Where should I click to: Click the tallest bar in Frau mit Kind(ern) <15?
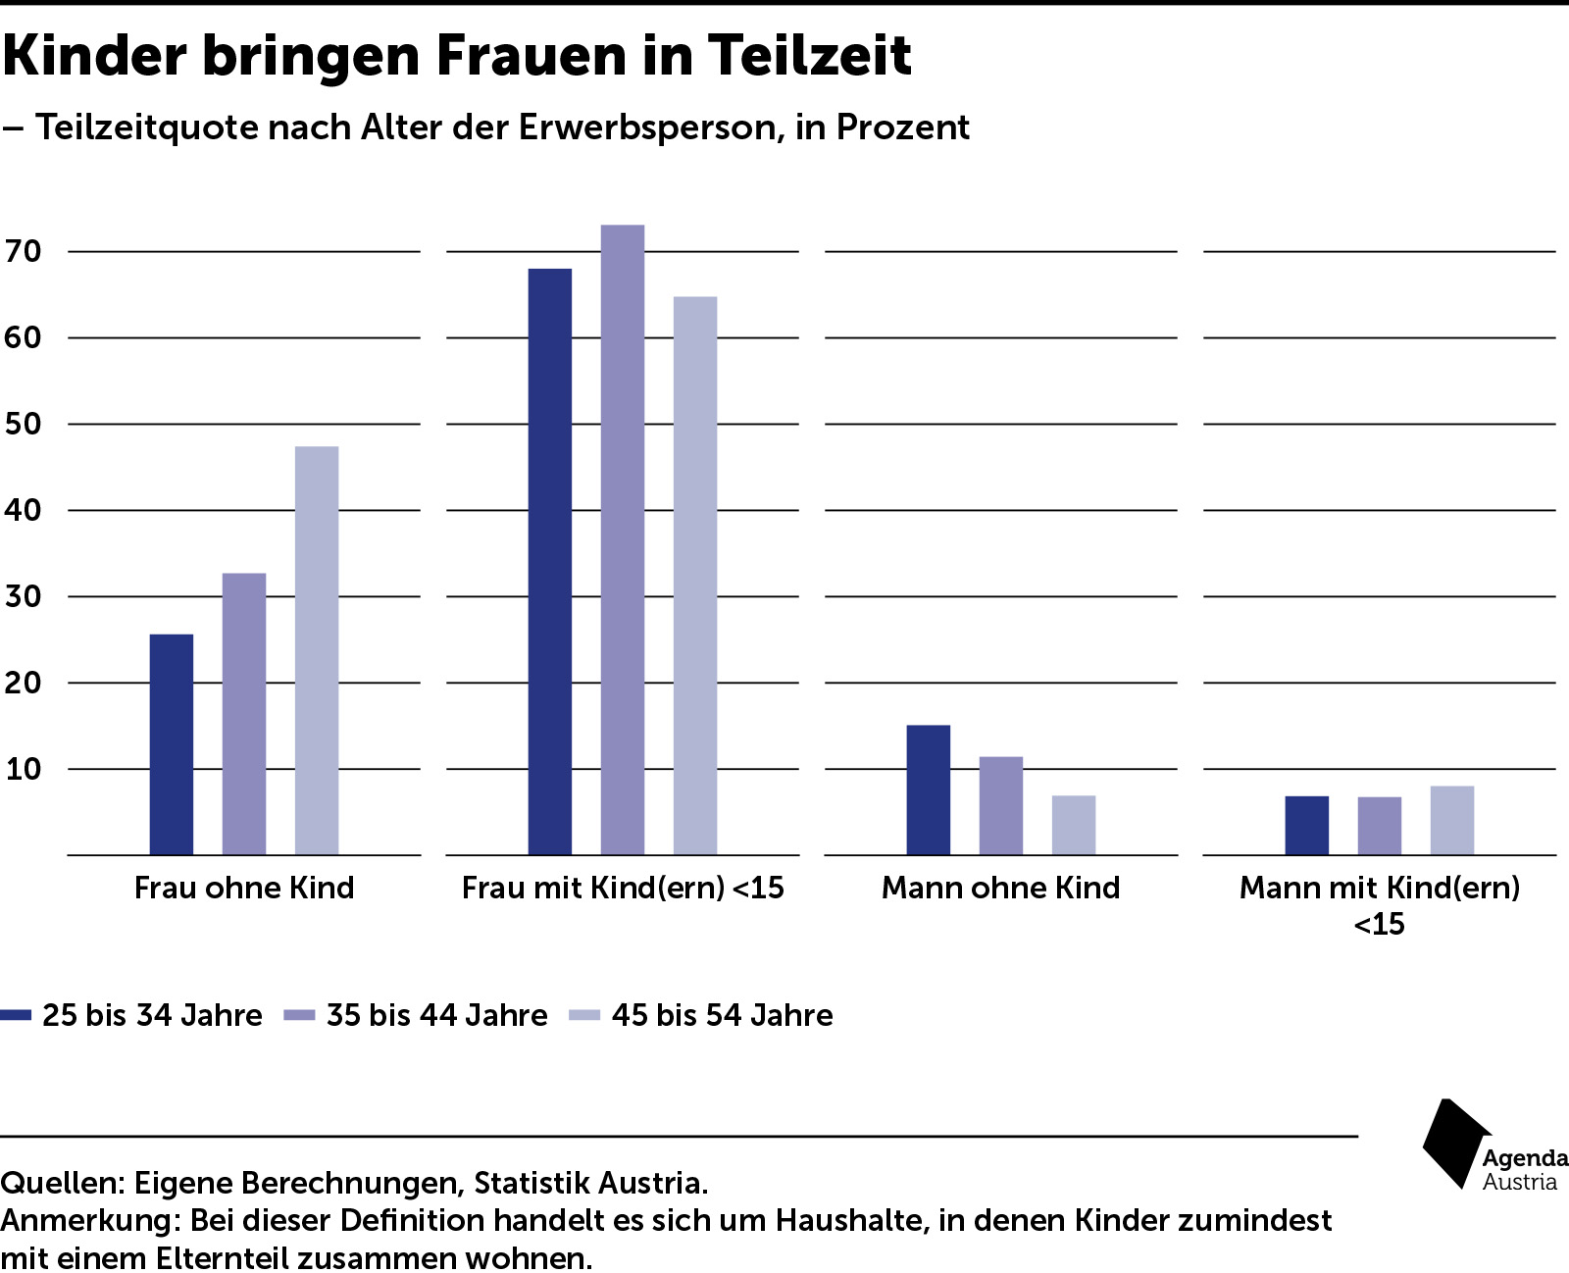622,539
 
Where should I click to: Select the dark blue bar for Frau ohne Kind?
172,744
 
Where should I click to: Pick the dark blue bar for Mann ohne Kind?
928,789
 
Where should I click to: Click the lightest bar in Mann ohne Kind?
1074,825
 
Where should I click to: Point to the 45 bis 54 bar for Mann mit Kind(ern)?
1451,820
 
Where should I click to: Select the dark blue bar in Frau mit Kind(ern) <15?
549,561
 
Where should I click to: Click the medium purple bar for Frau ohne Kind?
244,713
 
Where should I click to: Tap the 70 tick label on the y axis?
24,251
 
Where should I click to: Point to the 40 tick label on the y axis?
24,510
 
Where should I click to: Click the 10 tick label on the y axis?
24,769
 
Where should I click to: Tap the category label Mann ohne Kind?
1000,888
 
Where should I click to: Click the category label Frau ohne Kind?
244,888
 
